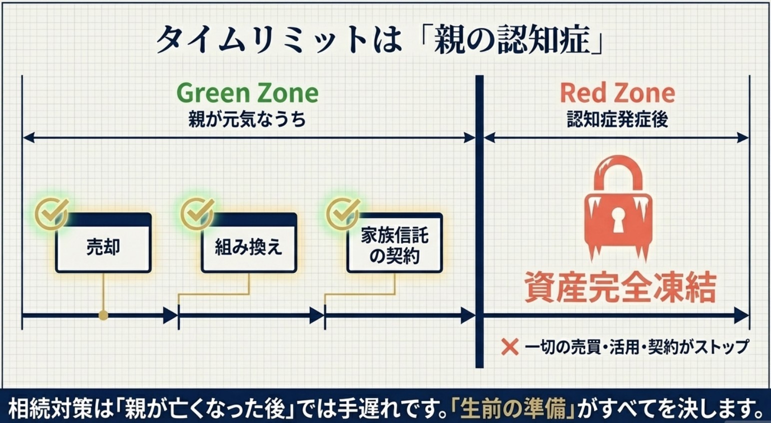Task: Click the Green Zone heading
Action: pos(247,93)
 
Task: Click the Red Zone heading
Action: pos(617,93)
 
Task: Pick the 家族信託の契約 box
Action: pos(394,245)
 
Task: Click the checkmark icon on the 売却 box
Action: pos(51,213)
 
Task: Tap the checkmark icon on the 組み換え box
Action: pos(197,213)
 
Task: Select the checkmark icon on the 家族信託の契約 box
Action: pos(343,213)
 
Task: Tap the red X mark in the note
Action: pos(510,346)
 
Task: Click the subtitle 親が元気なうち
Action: pos(247,119)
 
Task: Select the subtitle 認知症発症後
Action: pos(617,119)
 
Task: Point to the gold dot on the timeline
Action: pos(103,315)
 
